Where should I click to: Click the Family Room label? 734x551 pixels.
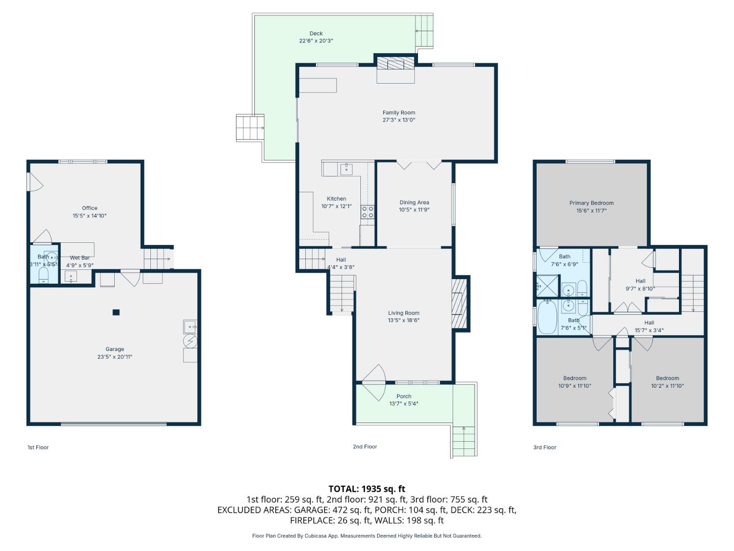[x=399, y=113]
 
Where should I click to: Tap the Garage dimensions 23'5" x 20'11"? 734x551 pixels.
[x=115, y=357]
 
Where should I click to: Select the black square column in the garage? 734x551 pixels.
[x=116, y=312]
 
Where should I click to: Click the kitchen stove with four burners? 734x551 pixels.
[x=368, y=212]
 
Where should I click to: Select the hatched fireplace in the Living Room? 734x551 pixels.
[x=460, y=303]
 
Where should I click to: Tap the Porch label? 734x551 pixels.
[x=404, y=396]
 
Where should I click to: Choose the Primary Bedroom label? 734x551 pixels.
[x=591, y=203]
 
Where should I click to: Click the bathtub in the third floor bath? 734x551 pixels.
[x=547, y=317]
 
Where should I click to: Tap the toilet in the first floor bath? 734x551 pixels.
[x=43, y=275]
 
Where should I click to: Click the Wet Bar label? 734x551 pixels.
[x=80, y=258]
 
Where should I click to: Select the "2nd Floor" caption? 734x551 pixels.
[x=365, y=447]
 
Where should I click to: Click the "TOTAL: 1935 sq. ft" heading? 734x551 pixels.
[x=366, y=489]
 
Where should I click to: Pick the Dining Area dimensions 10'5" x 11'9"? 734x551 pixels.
[x=414, y=210]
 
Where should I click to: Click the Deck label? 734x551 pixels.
[x=316, y=34]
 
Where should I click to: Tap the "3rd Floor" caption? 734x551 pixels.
[x=544, y=447]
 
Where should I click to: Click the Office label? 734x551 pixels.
[x=90, y=208]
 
